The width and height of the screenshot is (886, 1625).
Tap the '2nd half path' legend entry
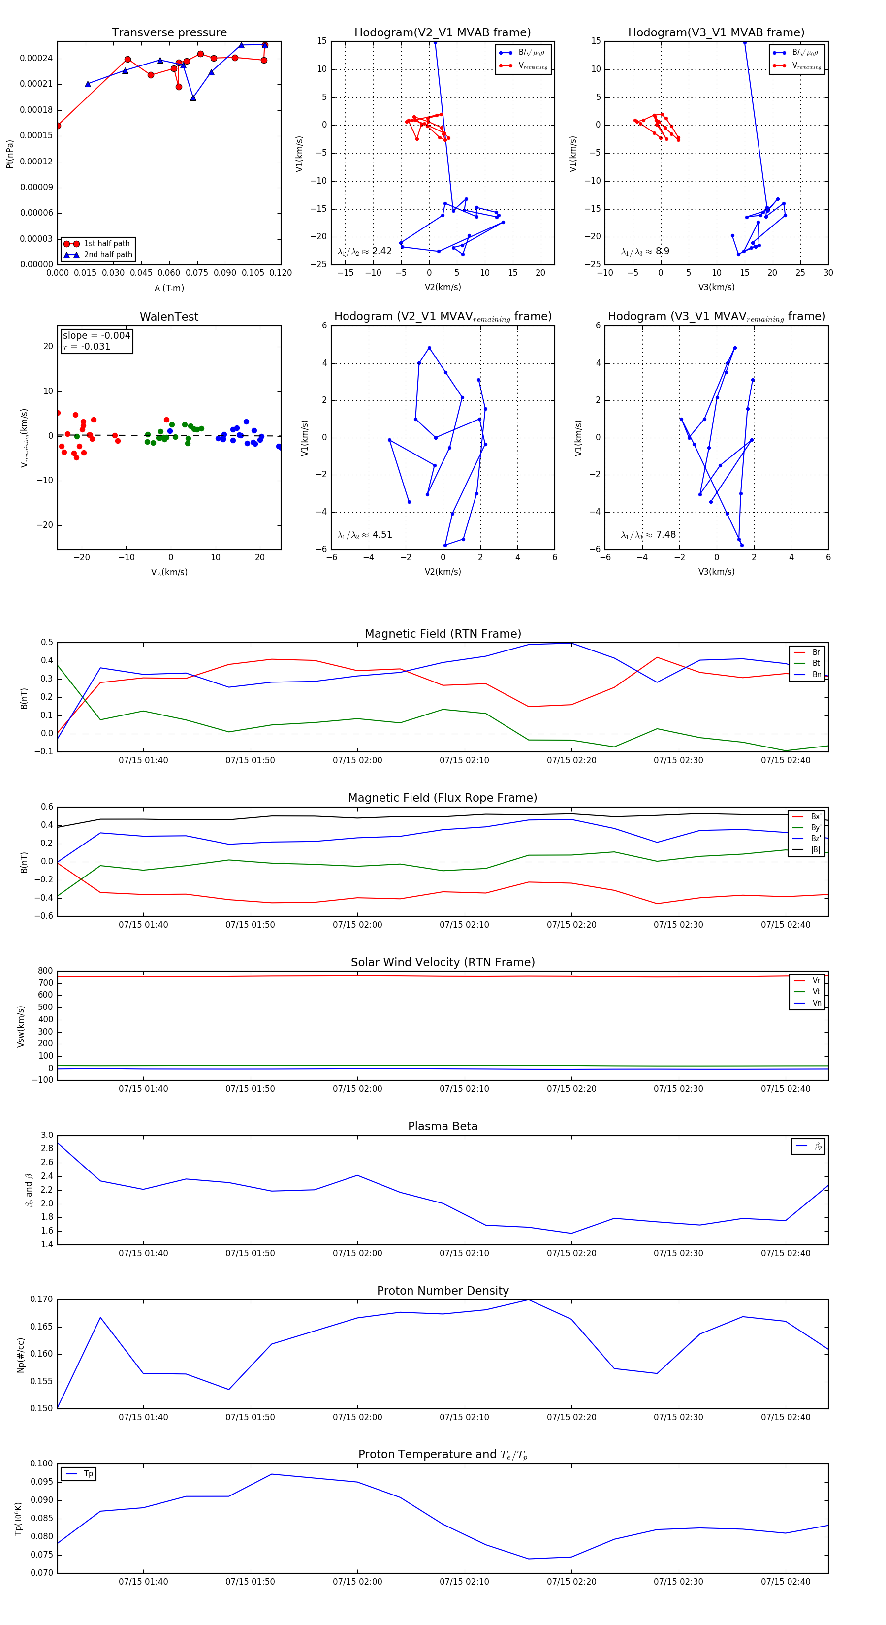point(108,255)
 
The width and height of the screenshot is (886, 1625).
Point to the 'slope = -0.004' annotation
point(96,336)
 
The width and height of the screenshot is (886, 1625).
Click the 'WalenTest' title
point(169,317)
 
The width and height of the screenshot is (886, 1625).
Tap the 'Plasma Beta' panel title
point(443,1126)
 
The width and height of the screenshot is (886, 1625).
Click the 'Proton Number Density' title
point(443,1291)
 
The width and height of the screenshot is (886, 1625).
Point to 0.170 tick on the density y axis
point(42,1300)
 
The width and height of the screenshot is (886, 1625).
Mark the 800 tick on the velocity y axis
point(45,971)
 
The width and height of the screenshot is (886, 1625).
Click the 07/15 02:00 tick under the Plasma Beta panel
point(357,1253)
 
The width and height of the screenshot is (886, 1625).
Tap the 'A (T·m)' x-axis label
point(169,288)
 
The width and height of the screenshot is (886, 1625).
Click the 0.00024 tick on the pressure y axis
point(36,59)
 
